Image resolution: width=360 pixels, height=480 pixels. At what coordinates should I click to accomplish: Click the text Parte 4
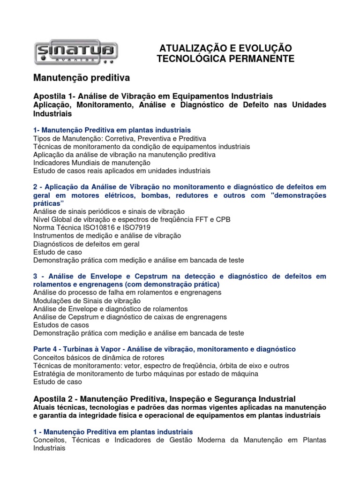pos(47,349)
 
